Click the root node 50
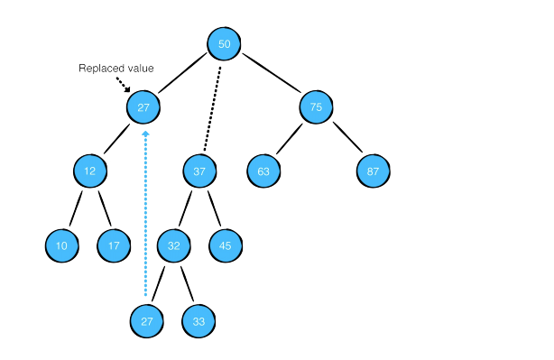tap(225, 44)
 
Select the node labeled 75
tap(316, 107)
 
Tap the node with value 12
tap(90, 171)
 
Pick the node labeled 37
tap(199, 171)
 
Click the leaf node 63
tap(263, 171)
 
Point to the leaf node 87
tap(373, 171)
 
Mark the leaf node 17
tap(114, 245)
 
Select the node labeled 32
tap(172, 245)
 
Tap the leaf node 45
tap(226, 245)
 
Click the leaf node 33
tap(199, 319)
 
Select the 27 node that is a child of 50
tap(143, 107)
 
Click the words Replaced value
tap(115, 68)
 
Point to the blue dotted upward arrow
tap(145, 217)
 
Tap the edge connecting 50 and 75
tap(271, 76)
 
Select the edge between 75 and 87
tap(346, 138)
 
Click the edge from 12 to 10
tap(75, 209)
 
